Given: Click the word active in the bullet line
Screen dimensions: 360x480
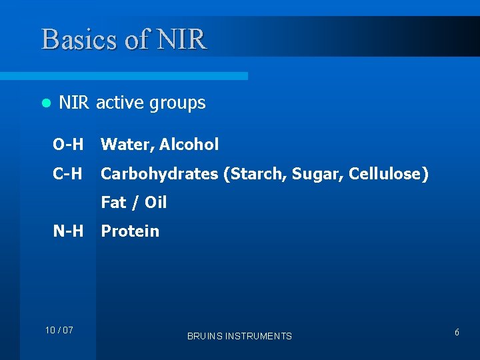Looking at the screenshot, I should tap(118, 103).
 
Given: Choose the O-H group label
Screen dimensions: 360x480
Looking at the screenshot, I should tap(68, 144).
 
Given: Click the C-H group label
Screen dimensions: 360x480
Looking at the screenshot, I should tap(68, 174).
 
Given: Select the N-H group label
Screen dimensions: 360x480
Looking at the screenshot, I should tap(68, 231).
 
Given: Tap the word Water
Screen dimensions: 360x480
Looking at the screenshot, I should tap(125, 145).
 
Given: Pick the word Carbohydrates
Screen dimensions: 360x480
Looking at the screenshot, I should tap(159, 175).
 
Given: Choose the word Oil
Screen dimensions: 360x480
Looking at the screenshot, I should tap(155, 203).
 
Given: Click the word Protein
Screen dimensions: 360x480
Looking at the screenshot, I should tap(130, 231).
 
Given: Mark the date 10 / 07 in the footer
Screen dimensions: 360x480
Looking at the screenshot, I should tap(59, 331).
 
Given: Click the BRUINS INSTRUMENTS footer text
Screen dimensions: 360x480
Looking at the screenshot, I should tap(239, 336).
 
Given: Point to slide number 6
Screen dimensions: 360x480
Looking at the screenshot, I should tap(457, 332).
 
